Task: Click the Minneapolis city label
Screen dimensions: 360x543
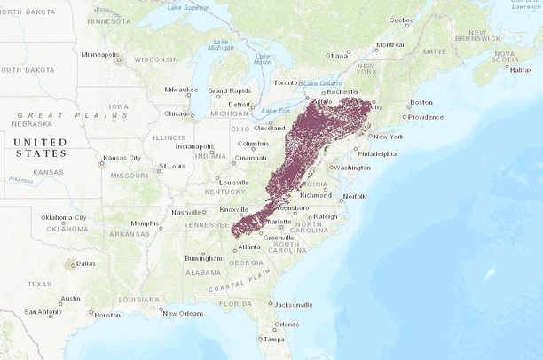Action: tap(99, 54)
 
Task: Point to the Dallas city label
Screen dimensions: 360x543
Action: tap(86, 263)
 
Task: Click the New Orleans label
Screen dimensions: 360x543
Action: tap(183, 313)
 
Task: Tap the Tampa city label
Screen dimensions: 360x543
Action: tap(273, 339)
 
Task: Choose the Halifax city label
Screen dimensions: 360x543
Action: tap(521, 69)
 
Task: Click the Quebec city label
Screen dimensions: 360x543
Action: tap(401, 20)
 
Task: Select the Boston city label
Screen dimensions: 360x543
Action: tap(421, 102)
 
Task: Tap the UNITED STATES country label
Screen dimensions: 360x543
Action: tap(41, 147)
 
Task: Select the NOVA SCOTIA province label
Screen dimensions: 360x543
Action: tap(504, 57)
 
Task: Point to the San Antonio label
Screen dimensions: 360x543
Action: tap(43, 312)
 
